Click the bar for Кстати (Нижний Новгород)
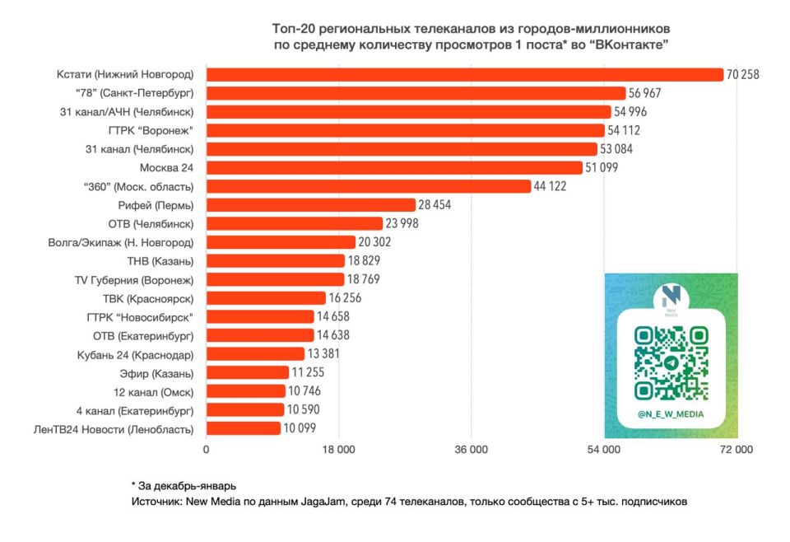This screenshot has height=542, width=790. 463,74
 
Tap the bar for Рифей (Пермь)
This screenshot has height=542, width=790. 310,204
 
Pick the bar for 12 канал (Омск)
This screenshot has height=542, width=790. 245,390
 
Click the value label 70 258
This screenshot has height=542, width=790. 742,74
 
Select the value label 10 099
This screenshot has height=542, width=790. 300,428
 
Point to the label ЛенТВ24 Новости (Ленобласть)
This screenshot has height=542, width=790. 114,428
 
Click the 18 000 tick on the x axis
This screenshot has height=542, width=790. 338,449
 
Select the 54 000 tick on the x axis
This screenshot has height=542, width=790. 604,449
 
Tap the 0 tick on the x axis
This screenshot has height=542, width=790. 206,449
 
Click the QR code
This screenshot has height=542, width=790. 671,362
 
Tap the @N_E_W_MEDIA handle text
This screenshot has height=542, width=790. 671,415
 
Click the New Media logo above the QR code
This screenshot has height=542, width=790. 671,298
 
